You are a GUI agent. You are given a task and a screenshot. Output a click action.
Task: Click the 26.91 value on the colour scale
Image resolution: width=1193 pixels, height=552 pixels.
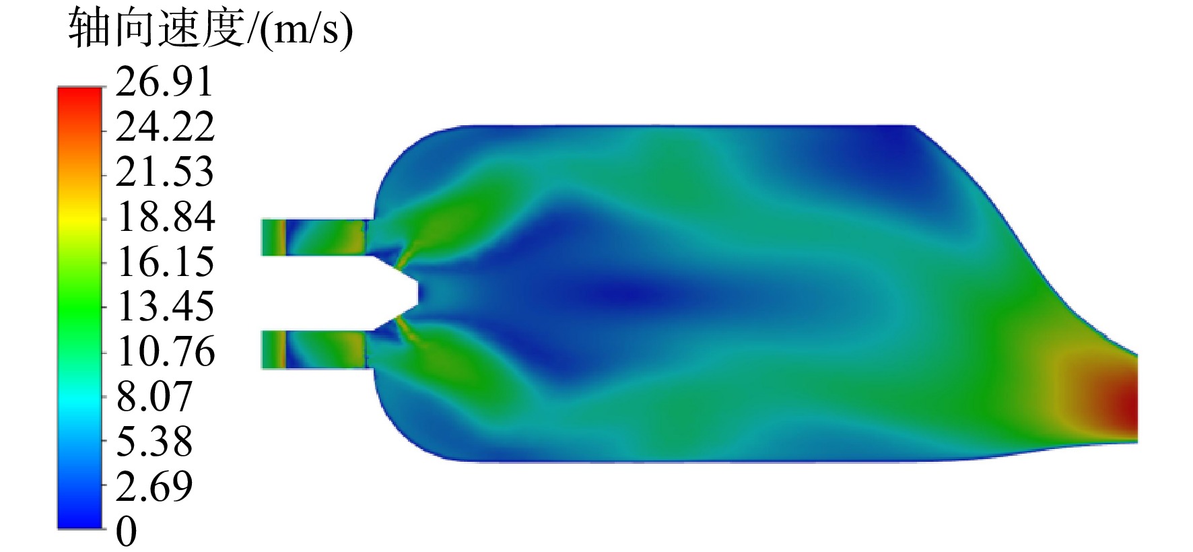pyautogui.click(x=164, y=82)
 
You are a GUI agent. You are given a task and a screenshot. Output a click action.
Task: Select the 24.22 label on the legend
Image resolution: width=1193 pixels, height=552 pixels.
pyautogui.click(x=165, y=127)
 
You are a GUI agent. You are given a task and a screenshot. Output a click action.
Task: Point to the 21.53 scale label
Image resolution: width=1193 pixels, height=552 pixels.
pyautogui.click(x=165, y=172)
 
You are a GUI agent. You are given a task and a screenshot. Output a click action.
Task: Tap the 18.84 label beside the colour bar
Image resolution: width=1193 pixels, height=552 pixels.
pyautogui.click(x=165, y=217)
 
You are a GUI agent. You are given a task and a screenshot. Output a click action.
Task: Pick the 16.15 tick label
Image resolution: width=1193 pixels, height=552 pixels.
pyautogui.click(x=165, y=261)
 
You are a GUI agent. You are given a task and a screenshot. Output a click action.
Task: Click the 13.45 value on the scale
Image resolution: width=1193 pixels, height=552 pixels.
pyautogui.click(x=165, y=306)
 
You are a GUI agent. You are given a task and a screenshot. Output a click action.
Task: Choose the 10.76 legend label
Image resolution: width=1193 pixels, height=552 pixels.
pyautogui.click(x=165, y=351)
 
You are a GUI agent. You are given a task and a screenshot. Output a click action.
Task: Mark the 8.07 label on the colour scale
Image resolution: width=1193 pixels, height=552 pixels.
pyautogui.click(x=154, y=396)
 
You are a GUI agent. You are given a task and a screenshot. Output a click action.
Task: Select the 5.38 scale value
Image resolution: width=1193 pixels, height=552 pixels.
pyautogui.click(x=154, y=441)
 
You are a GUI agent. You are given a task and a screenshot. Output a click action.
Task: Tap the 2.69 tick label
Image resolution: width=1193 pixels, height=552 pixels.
pyautogui.click(x=154, y=486)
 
